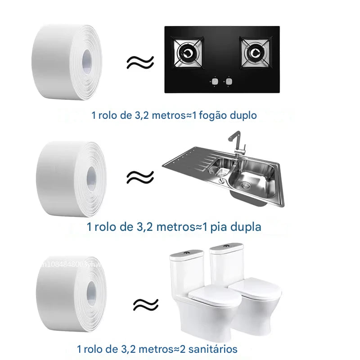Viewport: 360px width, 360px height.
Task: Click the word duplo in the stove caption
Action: (243, 116)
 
